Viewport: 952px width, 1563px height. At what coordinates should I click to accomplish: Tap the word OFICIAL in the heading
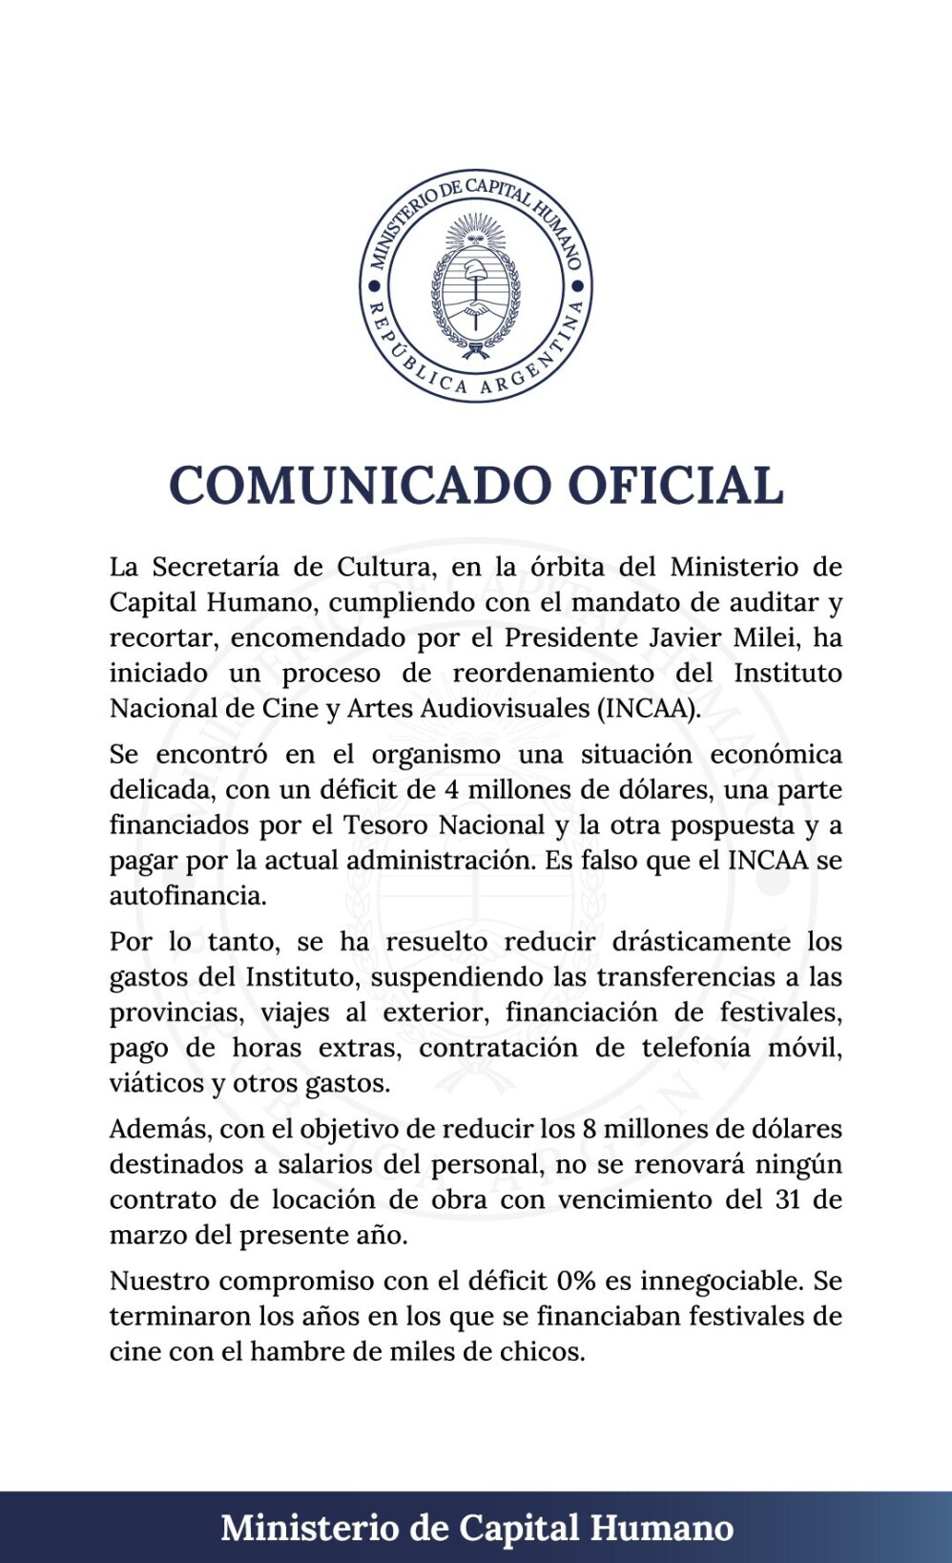(675, 485)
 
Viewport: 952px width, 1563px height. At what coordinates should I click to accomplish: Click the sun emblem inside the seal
(475, 231)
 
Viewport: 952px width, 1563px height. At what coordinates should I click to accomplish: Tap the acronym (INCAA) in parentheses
(649, 708)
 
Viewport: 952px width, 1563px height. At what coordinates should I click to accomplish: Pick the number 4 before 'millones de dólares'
(453, 790)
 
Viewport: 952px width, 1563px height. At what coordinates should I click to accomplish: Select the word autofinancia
(188, 896)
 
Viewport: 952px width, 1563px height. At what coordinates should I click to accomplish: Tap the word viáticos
(156, 1084)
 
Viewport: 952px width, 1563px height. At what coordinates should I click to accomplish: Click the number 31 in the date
(788, 1199)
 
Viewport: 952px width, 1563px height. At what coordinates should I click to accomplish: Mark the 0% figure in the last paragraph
(576, 1282)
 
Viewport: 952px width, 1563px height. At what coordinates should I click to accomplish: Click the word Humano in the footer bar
(662, 1528)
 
